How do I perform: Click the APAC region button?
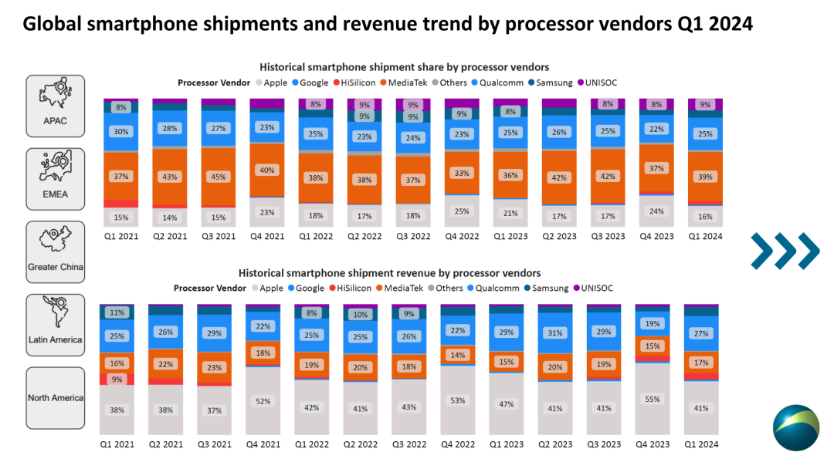point(56,104)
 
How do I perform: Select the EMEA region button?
point(56,178)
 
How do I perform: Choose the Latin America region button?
point(56,324)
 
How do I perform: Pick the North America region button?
point(56,397)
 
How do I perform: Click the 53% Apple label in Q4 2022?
point(457,400)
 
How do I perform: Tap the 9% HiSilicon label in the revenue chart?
point(117,379)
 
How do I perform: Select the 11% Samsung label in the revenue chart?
point(117,312)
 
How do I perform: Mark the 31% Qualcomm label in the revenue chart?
point(554,332)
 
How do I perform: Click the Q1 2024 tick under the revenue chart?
point(701,444)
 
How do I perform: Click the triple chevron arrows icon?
point(785,251)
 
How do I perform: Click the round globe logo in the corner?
point(795,427)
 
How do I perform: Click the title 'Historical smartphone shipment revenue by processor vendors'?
point(389,273)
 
